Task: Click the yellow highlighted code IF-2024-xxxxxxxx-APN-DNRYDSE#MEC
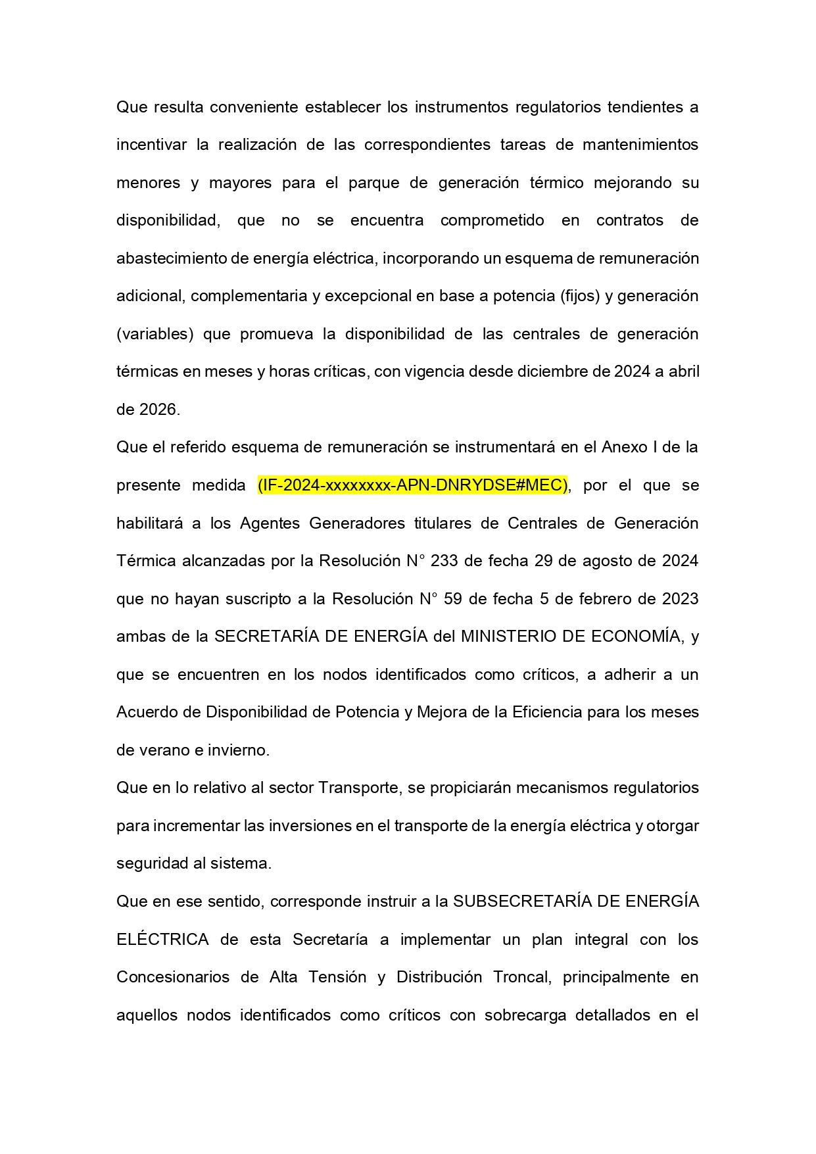pos(412,485)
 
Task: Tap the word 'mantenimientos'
pos(640,145)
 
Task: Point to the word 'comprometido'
pos(492,220)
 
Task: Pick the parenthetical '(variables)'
pos(155,334)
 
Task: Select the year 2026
pos(159,410)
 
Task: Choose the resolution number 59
pos(452,599)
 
